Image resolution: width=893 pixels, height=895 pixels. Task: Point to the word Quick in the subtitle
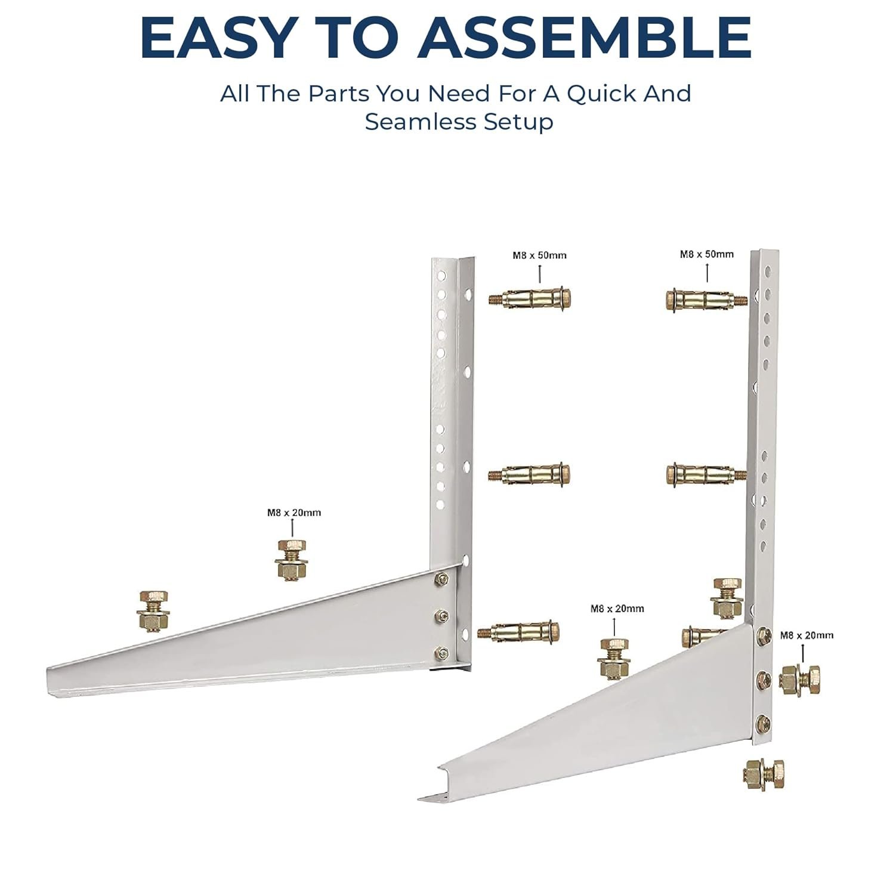(x=596, y=94)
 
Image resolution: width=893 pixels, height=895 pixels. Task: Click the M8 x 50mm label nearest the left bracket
(x=539, y=255)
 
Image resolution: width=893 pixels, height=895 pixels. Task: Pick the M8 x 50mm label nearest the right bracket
(x=707, y=254)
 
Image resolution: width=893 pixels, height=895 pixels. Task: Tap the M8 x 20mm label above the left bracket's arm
(x=294, y=513)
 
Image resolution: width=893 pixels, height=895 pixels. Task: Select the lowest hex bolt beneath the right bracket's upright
(x=764, y=774)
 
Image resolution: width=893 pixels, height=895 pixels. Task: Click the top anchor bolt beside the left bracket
(x=530, y=298)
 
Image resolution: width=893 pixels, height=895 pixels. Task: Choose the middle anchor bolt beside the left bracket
(x=529, y=475)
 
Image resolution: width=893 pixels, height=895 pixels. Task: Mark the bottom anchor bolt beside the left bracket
(x=518, y=632)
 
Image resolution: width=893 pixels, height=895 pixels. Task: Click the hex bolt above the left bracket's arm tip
(x=153, y=610)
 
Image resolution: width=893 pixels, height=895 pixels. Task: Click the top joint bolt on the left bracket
(x=442, y=578)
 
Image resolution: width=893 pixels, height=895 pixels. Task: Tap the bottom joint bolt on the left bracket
(x=441, y=653)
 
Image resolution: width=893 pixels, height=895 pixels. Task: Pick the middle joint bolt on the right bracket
(x=762, y=679)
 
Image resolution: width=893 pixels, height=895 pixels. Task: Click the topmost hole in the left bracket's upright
(x=442, y=276)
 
